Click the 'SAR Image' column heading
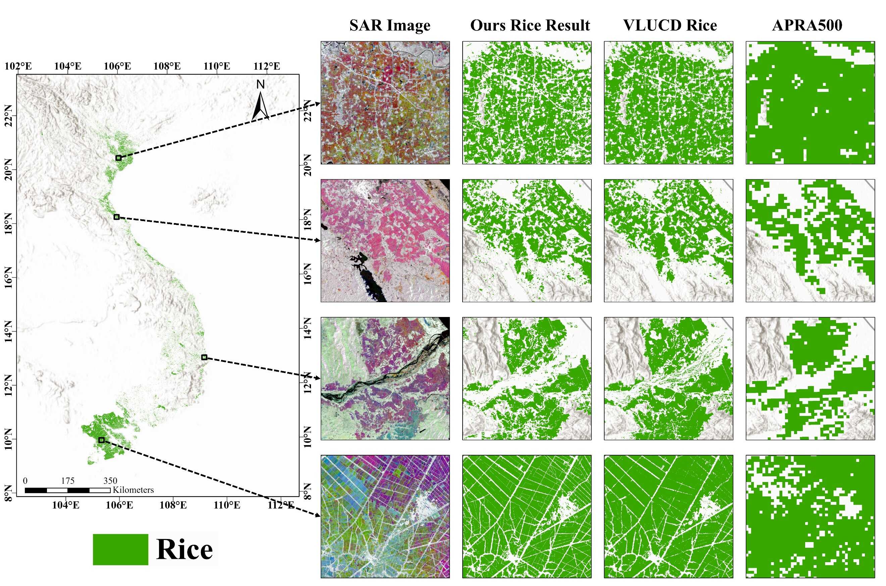(389, 25)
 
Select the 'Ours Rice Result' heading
(529, 25)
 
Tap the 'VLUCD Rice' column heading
(670, 25)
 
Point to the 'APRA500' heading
(807, 25)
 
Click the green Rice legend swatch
(120, 549)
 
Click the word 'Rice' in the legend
(185, 549)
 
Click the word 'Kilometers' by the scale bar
(133, 490)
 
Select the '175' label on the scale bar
(68, 481)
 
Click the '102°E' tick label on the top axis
(18, 66)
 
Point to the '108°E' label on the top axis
(167, 66)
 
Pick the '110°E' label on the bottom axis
(227, 505)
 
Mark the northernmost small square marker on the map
(118, 158)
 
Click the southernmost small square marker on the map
(101, 440)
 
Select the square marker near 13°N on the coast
(204, 357)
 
